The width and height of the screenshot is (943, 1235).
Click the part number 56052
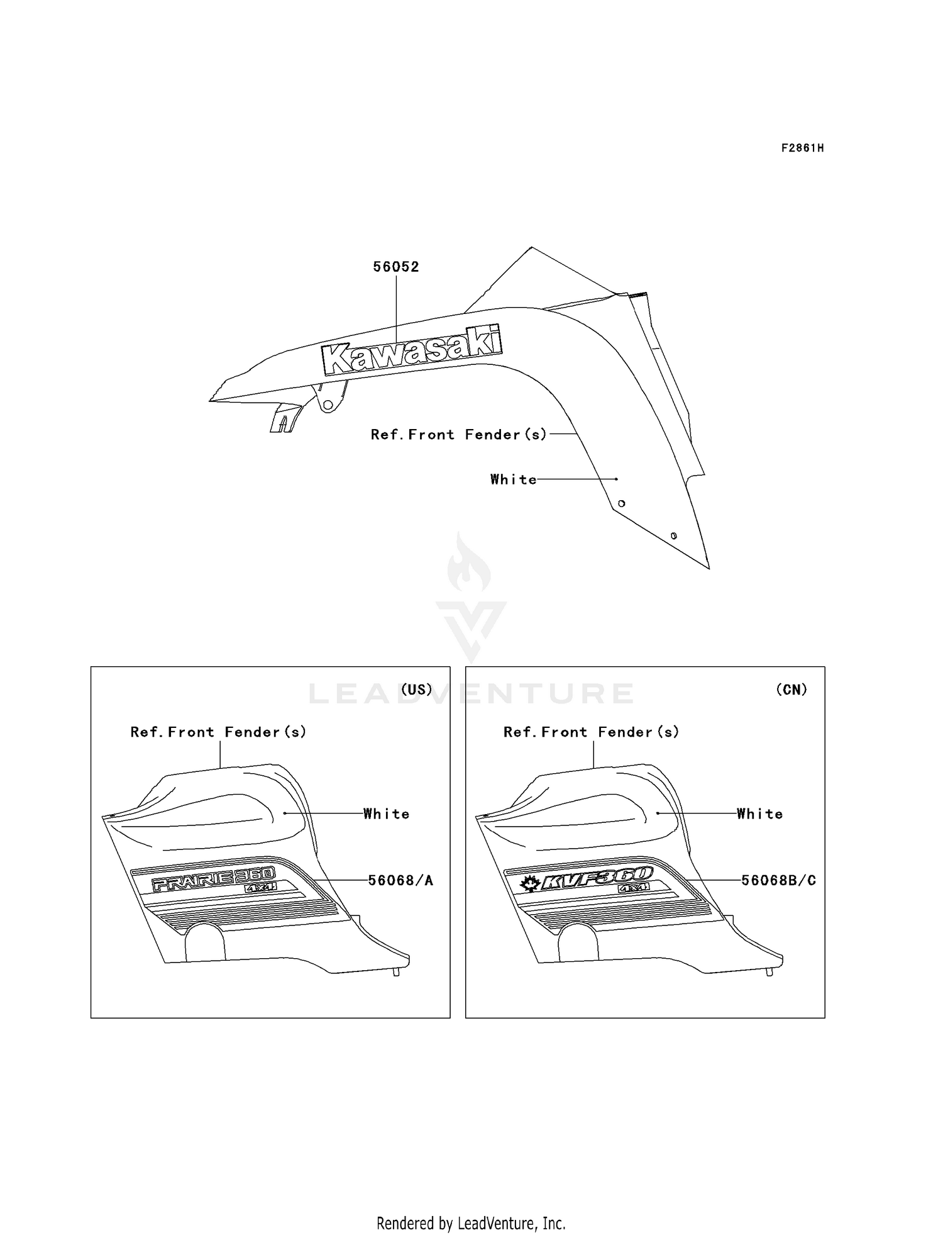tap(396, 267)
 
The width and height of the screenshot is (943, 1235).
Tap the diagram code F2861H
tap(802, 148)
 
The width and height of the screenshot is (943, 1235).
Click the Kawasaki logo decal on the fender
tap(412, 350)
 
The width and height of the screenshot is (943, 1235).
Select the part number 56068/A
tap(400, 880)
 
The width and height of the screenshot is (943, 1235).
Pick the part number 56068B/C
tap(778, 880)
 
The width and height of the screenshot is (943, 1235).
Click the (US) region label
tap(417, 690)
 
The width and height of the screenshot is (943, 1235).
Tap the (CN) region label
tap(791, 690)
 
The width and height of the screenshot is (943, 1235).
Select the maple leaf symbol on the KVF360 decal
tap(529, 885)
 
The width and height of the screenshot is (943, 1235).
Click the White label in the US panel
tap(387, 814)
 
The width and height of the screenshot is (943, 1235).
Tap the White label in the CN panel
tap(760, 814)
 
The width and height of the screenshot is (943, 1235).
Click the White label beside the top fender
tap(514, 479)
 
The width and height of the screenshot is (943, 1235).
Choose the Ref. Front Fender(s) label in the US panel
tap(218, 732)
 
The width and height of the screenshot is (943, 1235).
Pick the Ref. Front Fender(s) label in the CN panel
tap(592, 732)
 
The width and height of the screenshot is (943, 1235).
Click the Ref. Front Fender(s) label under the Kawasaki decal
tap(459, 435)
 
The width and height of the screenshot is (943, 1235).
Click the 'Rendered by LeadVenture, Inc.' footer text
tap(471, 1223)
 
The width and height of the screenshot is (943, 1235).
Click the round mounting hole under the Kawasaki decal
tap(328, 406)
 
